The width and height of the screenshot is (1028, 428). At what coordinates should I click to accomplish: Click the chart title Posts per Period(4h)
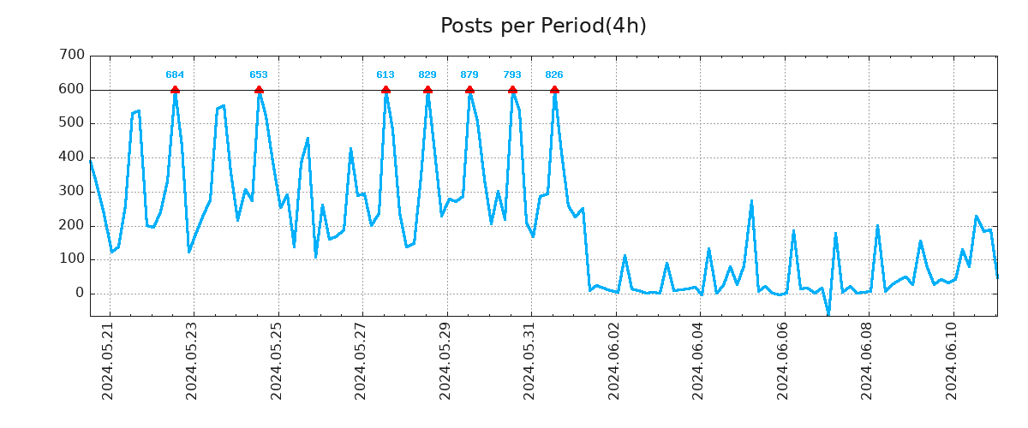coord(543,26)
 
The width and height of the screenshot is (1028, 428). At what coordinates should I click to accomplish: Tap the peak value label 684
coord(175,75)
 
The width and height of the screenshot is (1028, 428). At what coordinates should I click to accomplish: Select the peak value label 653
coord(259,75)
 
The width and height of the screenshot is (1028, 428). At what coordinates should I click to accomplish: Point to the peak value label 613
coord(385,75)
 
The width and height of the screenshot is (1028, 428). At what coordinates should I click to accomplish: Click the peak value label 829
coord(427,75)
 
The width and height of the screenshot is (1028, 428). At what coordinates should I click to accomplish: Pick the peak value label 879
coord(469,75)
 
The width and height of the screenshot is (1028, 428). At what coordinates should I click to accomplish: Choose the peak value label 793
coord(512,75)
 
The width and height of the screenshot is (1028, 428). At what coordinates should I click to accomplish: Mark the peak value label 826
coord(554,75)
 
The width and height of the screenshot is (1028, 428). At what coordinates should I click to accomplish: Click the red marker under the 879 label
coord(469,90)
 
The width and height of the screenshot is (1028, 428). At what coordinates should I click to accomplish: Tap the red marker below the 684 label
coord(175,90)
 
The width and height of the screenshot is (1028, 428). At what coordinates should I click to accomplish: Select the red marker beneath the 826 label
coord(554,90)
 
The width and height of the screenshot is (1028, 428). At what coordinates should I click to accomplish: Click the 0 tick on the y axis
coord(80,294)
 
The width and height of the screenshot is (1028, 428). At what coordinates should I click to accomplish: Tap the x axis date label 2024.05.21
coord(107,360)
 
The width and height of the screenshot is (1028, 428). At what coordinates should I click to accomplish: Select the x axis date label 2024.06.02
coord(613,360)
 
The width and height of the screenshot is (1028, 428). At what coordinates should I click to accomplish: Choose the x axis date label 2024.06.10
coord(951,360)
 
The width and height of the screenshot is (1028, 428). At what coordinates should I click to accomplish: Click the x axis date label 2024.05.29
coord(445,360)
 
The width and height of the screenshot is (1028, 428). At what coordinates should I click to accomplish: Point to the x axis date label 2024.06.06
coord(782,360)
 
